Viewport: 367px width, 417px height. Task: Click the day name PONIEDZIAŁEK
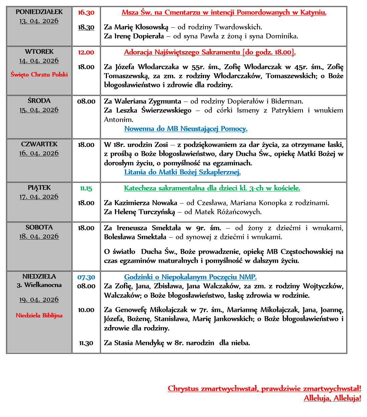[39, 12]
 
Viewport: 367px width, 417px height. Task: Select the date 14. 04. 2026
[39, 61]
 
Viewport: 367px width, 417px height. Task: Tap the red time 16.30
[86, 13]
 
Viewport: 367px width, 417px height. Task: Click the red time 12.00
[86, 52]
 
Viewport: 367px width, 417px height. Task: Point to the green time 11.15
[86, 188]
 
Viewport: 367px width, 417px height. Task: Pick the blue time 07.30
[86, 277]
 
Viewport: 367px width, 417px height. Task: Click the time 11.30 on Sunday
[86, 343]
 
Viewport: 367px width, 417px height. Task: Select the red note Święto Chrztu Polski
[39, 75]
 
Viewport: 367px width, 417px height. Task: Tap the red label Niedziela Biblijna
[39, 315]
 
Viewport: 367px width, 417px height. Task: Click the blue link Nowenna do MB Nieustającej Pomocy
[186, 129]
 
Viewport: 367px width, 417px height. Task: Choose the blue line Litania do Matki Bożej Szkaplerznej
[182, 172]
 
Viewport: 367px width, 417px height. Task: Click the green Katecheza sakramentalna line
[212, 188]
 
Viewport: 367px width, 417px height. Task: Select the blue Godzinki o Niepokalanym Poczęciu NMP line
[191, 277]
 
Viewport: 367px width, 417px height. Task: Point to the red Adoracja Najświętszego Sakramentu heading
[210, 52]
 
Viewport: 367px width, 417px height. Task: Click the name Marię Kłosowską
[141, 27]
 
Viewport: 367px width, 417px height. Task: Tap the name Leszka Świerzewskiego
[154, 110]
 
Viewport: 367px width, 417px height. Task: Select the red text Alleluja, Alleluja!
[332, 398]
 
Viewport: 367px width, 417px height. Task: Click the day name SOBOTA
[39, 228]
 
